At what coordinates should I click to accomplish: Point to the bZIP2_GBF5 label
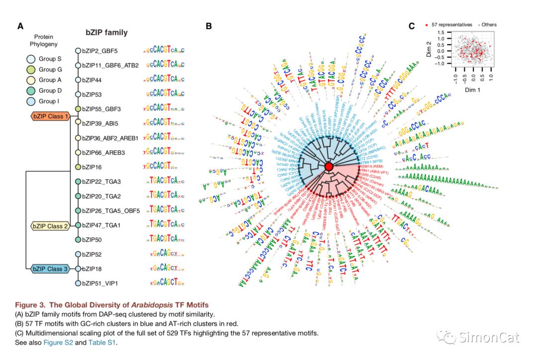click(x=100, y=51)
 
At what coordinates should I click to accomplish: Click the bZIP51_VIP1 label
click(x=102, y=283)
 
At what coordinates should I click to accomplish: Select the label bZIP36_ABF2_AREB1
click(x=110, y=137)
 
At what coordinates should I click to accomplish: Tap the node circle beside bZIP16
click(x=78, y=167)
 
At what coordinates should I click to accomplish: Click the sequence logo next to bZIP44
click(x=165, y=80)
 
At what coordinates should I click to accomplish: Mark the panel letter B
click(x=209, y=26)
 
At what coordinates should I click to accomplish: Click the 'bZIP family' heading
click(x=106, y=33)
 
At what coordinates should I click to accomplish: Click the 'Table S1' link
click(x=102, y=342)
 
